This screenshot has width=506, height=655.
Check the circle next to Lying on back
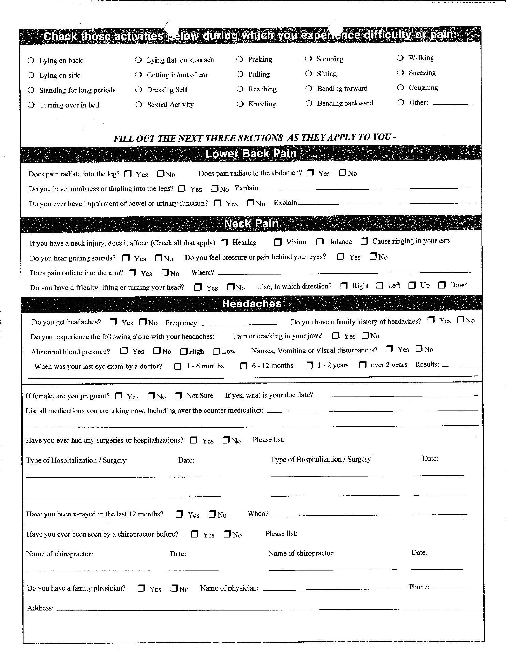31,61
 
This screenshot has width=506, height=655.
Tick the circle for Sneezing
400,73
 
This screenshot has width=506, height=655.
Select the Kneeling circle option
240,104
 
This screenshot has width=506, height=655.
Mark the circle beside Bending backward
309,103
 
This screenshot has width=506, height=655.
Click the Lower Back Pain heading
251,154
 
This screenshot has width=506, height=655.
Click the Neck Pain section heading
251,223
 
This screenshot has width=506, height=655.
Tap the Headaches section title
252,304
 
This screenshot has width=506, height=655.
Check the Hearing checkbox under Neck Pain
224,243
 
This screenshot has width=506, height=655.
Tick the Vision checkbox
278,242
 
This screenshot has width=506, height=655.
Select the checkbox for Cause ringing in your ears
364,242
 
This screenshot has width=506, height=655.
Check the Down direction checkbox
442,285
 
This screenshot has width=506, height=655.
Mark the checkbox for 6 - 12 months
243,366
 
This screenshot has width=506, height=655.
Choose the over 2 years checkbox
362,365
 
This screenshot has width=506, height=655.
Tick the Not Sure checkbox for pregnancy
178,396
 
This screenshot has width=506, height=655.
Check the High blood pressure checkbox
184,351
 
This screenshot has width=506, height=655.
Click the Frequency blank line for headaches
239,323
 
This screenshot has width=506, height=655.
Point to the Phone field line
456,588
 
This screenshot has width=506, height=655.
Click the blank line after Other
453,103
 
